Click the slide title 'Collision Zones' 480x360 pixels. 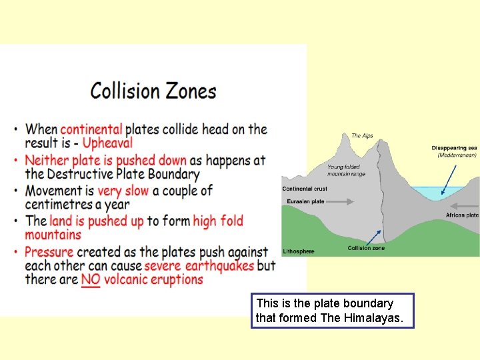coord(153,91)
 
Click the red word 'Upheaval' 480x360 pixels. coord(108,143)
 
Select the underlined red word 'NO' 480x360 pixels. coord(91,279)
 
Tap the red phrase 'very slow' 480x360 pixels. coord(123,191)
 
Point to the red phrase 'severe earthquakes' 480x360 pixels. coord(199,265)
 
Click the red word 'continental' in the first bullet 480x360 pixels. coord(91,129)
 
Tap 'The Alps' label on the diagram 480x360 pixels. coord(362,136)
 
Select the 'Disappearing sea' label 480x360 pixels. coord(454,148)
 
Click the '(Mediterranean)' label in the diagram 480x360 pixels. coord(457,155)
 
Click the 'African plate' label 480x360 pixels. coord(462,215)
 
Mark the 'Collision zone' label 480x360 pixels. coord(366,248)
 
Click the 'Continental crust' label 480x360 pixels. coord(305,189)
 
